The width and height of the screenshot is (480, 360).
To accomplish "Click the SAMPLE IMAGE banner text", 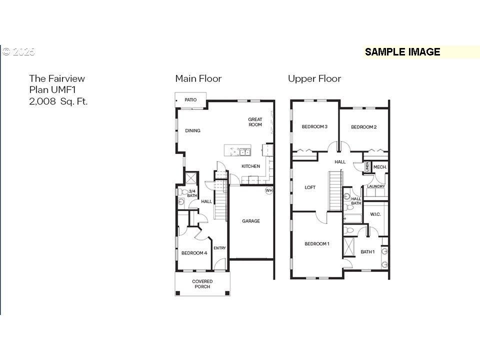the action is click(402, 52).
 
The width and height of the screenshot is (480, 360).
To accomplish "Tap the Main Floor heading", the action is click(198, 78).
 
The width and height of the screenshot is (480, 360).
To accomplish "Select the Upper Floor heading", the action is click(314, 78).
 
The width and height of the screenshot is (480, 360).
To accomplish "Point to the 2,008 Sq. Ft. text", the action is click(58, 101).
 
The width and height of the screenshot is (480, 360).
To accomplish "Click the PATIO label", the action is click(190, 100).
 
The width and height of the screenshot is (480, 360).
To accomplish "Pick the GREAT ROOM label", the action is click(255, 122).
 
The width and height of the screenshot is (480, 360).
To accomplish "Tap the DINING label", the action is click(192, 130).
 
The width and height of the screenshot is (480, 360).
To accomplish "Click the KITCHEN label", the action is click(250, 166).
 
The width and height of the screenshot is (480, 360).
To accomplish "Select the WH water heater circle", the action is click(269, 190).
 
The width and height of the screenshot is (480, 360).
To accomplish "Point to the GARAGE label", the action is click(250, 221).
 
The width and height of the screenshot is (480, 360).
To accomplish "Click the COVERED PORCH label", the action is click(202, 284).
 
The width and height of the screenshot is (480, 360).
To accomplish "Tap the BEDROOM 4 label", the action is click(194, 253).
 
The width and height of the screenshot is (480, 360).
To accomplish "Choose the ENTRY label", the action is click(219, 248).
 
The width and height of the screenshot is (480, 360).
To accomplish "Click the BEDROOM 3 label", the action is click(314, 126).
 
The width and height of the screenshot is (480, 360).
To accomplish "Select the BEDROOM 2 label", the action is click(363, 127).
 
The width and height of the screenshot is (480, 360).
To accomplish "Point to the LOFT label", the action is click(310, 187).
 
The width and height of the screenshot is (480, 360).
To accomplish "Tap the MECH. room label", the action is click(380, 167).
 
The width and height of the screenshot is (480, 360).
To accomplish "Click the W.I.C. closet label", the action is click(375, 214).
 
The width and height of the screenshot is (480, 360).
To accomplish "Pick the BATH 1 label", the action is click(367, 252).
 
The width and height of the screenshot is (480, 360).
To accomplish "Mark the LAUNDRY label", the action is click(376, 186).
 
